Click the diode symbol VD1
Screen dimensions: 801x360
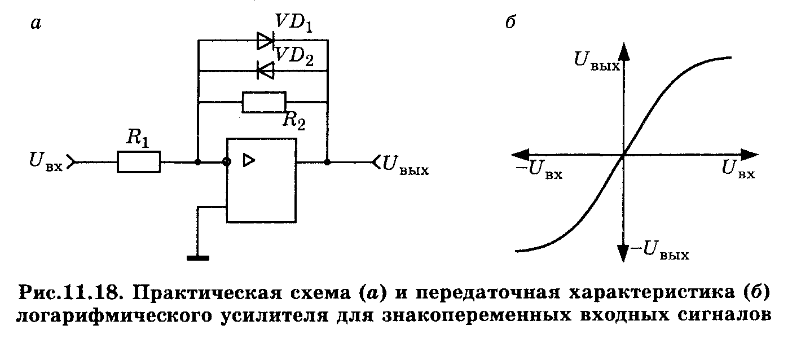click(x=265, y=41)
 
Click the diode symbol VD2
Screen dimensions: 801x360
click(x=265, y=71)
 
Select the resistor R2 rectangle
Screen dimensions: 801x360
click(x=264, y=102)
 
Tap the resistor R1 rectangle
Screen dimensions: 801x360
click(x=139, y=162)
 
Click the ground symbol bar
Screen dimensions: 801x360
click(x=198, y=258)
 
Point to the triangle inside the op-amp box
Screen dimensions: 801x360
click(x=249, y=160)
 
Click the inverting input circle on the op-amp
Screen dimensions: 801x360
click(x=227, y=162)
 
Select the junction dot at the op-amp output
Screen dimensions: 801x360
click(x=327, y=162)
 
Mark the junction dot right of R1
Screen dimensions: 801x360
click(x=198, y=162)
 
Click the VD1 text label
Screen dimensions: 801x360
click(x=294, y=22)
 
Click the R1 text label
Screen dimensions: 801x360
click(x=138, y=138)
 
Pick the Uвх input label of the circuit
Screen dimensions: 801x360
click(x=46, y=161)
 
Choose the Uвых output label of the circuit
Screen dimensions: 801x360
click(x=406, y=165)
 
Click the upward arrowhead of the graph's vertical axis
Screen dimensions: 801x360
click(x=624, y=54)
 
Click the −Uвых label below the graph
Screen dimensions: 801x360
click(x=660, y=250)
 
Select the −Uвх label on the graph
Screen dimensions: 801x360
click(x=539, y=169)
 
